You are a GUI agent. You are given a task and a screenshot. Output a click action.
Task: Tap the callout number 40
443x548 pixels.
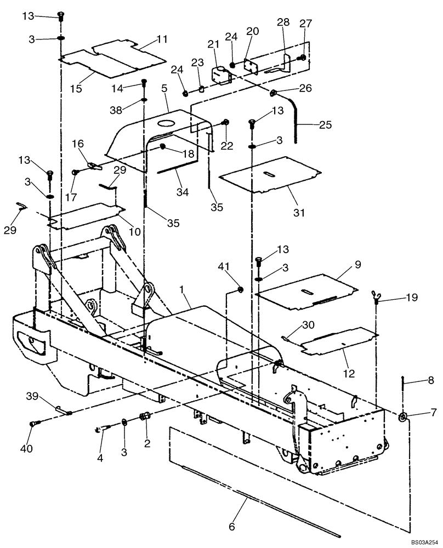coord(26,449)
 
